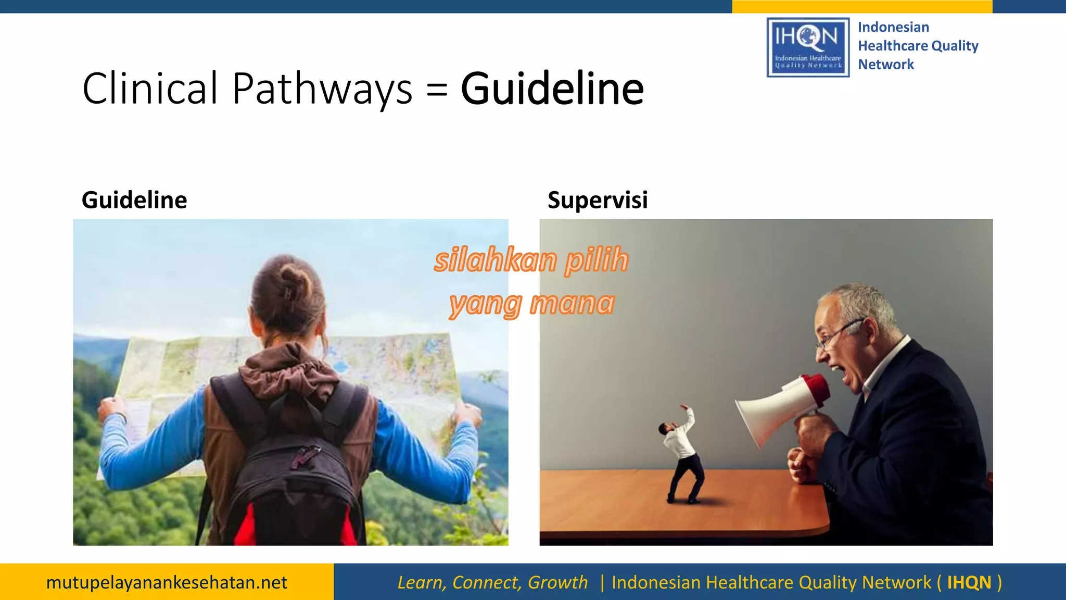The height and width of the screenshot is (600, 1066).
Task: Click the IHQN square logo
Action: click(808, 47)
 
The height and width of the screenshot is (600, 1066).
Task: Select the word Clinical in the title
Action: click(150, 89)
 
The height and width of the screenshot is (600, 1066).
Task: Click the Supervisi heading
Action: click(598, 200)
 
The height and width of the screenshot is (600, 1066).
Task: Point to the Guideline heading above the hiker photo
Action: click(134, 200)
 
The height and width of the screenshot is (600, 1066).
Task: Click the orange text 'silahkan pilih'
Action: click(531, 260)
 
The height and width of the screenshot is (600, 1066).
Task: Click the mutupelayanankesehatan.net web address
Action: click(167, 582)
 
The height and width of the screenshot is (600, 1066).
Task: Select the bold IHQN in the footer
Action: click(969, 582)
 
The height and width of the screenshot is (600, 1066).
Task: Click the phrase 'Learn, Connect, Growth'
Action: click(492, 582)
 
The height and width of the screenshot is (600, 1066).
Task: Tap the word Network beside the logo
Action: click(885, 65)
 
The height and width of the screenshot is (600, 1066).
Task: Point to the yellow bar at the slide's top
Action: click(862, 6)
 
